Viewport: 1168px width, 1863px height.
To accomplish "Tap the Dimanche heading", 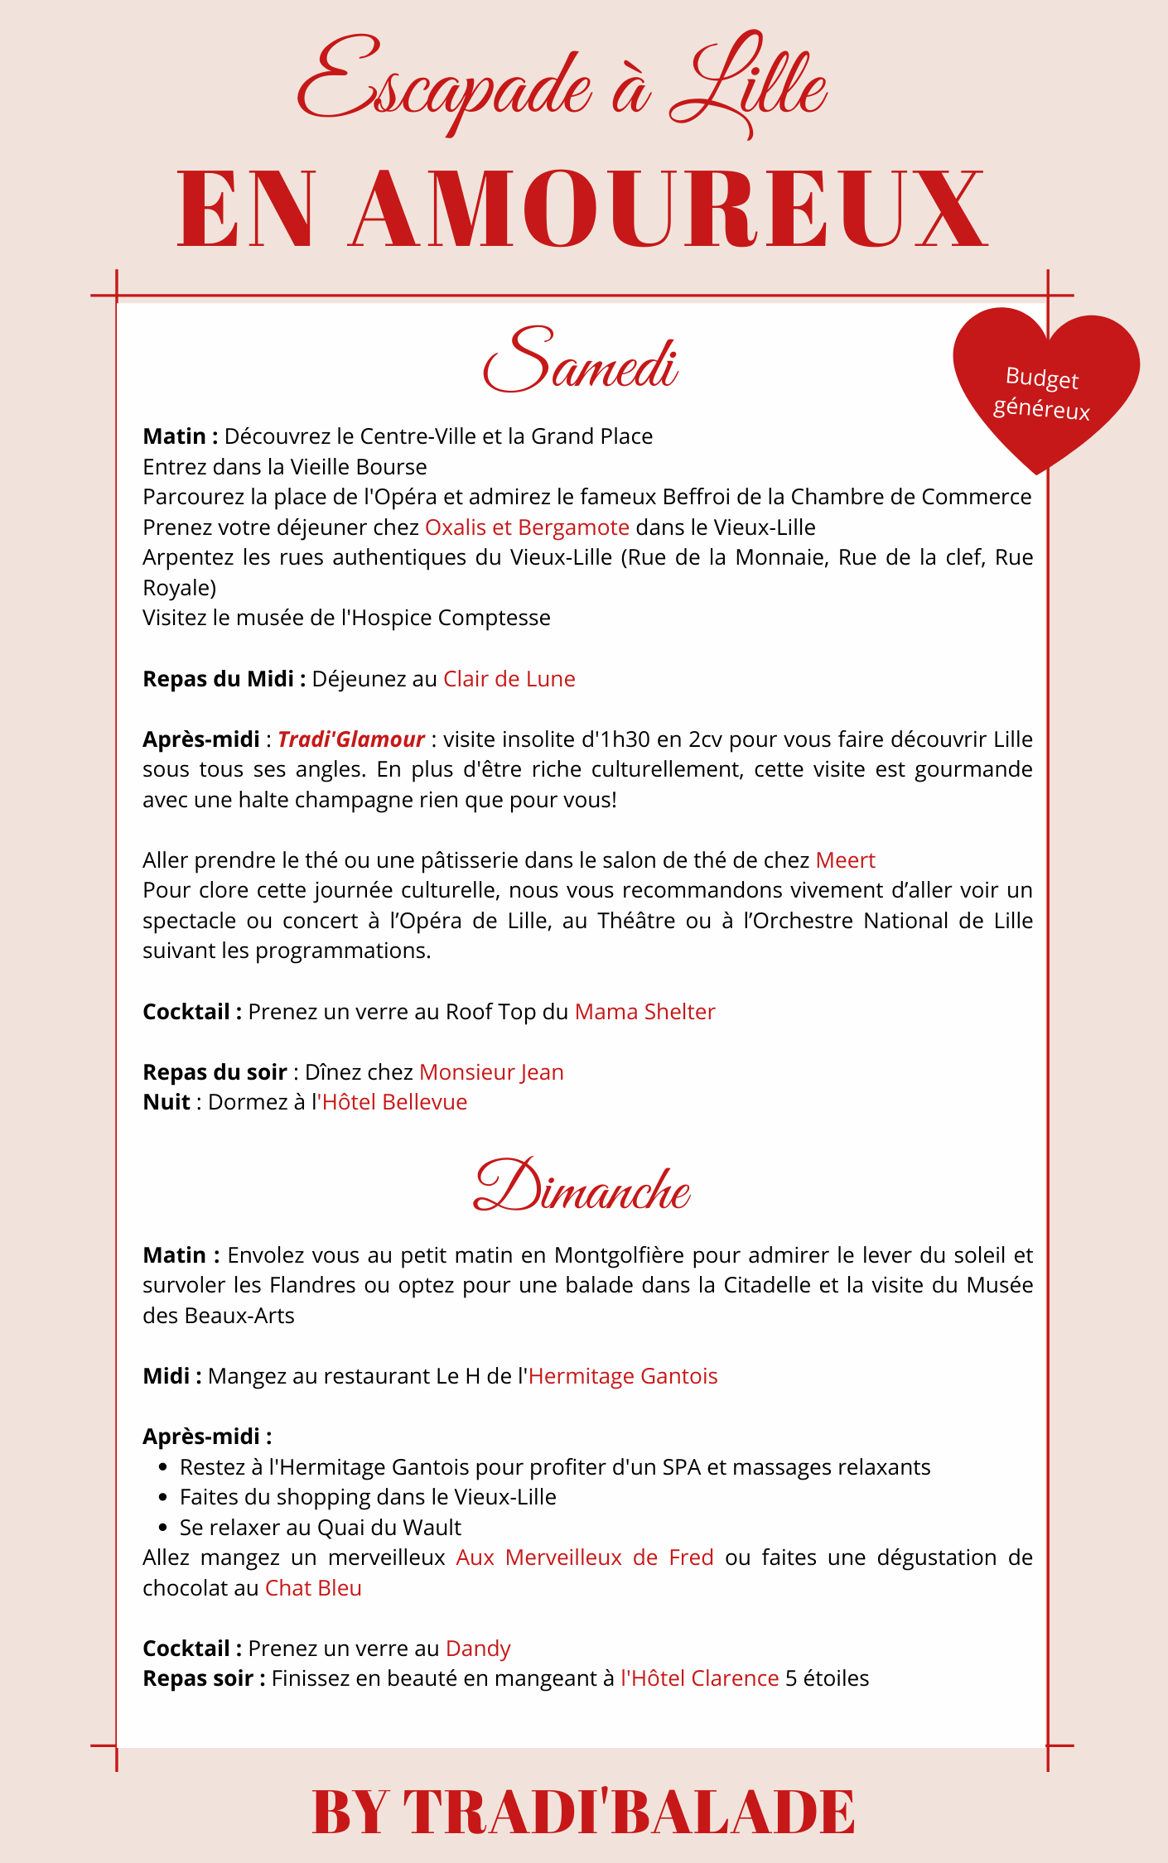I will [x=582, y=1186].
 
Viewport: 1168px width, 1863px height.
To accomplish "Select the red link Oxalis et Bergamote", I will [x=527, y=527].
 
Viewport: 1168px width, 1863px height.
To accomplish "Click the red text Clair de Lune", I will [x=509, y=679].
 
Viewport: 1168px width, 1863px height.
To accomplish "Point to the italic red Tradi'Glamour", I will [x=350, y=739].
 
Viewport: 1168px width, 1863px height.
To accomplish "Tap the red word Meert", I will [x=845, y=860].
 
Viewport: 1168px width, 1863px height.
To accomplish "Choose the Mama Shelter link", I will [x=644, y=1012].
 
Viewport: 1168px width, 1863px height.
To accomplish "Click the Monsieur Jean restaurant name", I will [x=491, y=1072].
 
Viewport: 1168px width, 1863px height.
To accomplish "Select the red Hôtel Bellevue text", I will [x=394, y=1102].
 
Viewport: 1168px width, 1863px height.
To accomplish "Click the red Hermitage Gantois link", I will [x=623, y=1376].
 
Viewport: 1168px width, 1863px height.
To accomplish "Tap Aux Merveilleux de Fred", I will [x=585, y=1557].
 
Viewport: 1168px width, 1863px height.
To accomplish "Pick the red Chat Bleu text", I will [x=313, y=1588].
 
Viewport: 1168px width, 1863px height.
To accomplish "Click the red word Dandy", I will [x=478, y=1649].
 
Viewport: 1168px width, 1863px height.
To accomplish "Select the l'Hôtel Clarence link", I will [x=700, y=1678].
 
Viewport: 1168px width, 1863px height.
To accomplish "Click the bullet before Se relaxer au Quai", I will [x=163, y=1528].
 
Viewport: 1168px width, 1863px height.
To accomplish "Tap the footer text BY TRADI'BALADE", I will [x=583, y=1812].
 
